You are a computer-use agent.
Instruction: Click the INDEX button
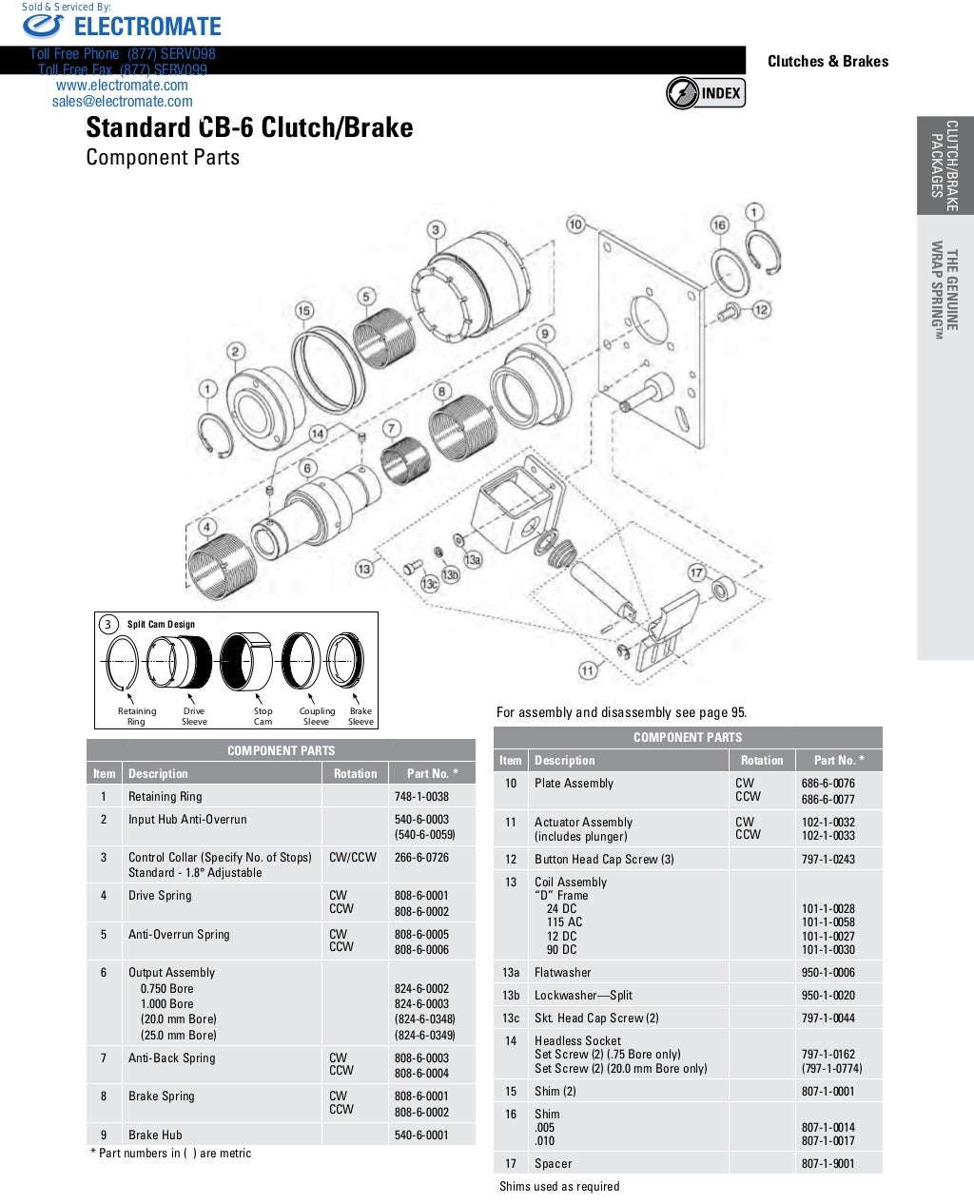tap(706, 93)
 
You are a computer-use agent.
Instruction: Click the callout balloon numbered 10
tap(575, 224)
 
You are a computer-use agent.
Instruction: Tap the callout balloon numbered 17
tap(697, 572)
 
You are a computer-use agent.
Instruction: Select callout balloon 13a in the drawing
tap(473, 560)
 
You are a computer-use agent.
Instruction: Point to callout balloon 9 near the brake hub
tap(545, 334)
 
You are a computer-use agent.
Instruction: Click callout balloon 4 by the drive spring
tap(206, 527)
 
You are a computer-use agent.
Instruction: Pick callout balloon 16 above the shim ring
tap(719, 224)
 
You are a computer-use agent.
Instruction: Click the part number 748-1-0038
tap(421, 797)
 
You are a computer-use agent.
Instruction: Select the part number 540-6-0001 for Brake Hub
tap(421, 1135)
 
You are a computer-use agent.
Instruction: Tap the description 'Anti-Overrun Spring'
tap(179, 934)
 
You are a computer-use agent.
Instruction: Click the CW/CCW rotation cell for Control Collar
tap(353, 857)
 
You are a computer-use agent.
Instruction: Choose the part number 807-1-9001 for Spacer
tap(828, 1163)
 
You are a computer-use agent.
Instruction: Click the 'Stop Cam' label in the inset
tap(263, 716)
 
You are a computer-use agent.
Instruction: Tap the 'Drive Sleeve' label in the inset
tap(194, 716)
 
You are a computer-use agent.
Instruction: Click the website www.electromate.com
tap(122, 86)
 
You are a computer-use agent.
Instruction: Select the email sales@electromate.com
tap(122, 102)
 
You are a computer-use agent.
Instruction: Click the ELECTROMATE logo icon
tap(43, 27)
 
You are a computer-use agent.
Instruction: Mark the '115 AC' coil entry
tap(564, 922)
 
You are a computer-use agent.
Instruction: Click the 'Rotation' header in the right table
tap(762, 760)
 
